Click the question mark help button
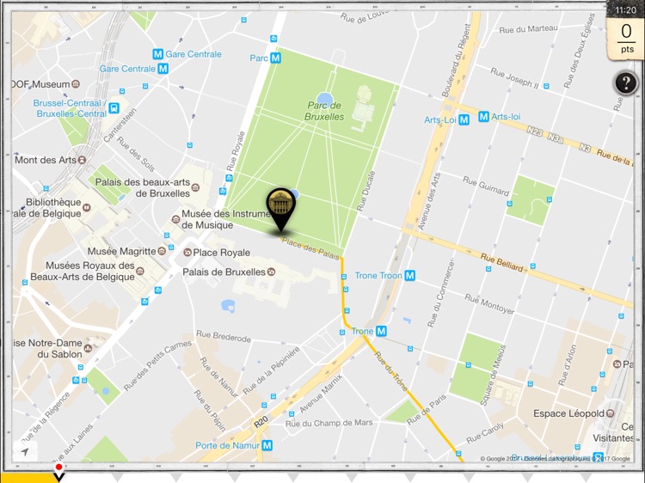pos(625,83)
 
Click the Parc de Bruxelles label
pos(325,111)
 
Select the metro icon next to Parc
pos(275,58)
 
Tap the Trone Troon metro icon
pos(410,276)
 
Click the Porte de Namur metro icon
pos(267,445)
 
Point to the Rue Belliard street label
pos(501,263)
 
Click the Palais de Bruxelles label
pos(224,272)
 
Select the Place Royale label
pos(222,253)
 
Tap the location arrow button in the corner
pos(26,451)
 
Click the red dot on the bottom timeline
pos(58,468)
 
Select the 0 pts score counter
pos(626,40)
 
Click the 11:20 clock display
pos(627,9)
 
